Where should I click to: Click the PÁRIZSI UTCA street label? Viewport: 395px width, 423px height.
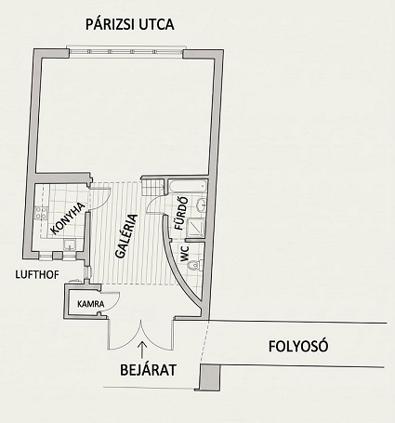coord(130,24)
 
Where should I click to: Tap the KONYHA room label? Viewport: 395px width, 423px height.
coord(68,218)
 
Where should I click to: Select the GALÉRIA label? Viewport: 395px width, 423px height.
coord(126,236)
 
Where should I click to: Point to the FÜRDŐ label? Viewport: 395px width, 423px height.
coord(181,214)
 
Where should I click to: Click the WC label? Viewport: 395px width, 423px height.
coord(185,254)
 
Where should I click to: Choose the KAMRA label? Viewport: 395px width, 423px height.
coord(91,304)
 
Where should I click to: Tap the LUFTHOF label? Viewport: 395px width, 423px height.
coord(37,274)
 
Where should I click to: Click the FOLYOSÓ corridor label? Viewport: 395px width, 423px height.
coord(298,347)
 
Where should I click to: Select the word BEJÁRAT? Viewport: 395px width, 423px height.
coord(148,370)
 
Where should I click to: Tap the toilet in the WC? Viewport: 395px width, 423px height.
coord(195,265)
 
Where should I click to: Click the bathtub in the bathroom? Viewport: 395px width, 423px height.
coord(187,187)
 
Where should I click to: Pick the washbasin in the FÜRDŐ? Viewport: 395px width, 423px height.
coord(201,205)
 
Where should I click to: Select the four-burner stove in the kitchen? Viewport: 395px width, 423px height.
coord(41,213)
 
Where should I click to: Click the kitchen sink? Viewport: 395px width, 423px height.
coord(70,245)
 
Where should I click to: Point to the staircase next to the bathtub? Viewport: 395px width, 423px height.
coord(153,187)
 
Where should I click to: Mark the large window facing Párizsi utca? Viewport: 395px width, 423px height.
coord(125,52)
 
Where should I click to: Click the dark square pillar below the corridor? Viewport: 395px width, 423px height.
coord(210,377)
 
